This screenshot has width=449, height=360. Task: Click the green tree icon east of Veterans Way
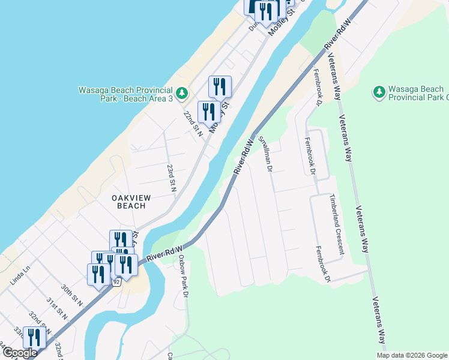379,92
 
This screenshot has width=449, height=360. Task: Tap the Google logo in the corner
19,353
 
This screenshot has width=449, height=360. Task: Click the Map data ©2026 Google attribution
411,355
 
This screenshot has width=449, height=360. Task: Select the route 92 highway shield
116,281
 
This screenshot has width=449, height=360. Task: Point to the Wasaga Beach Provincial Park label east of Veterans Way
417,93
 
